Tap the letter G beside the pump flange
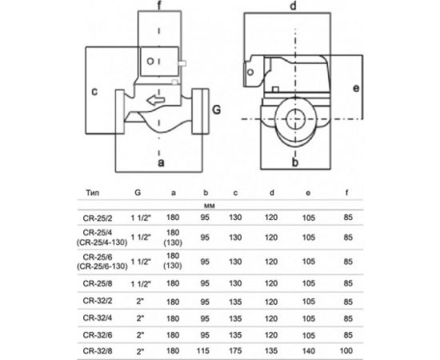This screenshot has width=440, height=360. pos(216,109)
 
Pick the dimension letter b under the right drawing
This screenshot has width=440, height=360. pos(295,164)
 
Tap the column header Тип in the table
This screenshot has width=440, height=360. pos(92,193)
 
